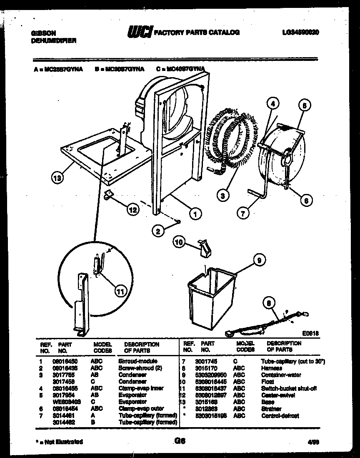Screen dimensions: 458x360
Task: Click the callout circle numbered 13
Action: [57, 178]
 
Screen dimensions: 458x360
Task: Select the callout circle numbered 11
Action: [120, 292]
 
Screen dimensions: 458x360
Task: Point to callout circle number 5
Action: [304, 106]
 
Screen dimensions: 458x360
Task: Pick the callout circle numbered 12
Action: [132, 210]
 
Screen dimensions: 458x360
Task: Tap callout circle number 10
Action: [179, 242]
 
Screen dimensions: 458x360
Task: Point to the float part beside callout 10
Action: [204, 249]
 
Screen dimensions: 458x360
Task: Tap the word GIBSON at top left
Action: [42, 33]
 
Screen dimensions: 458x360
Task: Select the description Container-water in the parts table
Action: [281, 375]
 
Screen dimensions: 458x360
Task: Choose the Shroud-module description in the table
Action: [138, 361]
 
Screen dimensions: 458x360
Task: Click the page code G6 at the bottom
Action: [180, 440]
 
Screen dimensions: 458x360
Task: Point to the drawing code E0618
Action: [310, 333]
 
